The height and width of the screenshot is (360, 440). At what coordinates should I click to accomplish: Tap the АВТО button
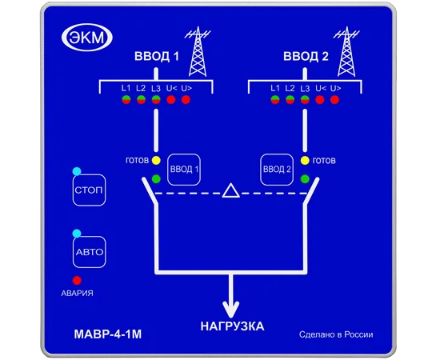(90, 252)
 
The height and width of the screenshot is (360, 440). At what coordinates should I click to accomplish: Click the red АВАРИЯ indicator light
(77, 280)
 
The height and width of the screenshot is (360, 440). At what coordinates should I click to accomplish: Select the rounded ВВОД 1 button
(184, 170)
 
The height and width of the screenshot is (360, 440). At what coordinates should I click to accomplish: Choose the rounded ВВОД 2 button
(277, 170)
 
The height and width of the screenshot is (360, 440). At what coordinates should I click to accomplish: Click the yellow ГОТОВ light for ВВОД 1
(156, 161)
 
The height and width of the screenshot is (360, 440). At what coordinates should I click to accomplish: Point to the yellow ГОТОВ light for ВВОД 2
(305, 161)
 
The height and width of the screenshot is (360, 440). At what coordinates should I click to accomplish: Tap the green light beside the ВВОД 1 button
(156, 178)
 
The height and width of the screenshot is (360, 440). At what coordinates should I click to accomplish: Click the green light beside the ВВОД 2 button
(305, 178)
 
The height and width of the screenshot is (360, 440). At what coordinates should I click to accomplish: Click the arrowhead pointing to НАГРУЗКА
(231, 309)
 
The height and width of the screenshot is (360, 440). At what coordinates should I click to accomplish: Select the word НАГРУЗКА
(232, 326)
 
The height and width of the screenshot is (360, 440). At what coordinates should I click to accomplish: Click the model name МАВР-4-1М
(108, 334)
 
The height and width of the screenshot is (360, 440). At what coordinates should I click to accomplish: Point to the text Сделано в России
(336, 334)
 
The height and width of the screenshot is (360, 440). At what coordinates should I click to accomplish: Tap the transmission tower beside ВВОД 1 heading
(198, 52)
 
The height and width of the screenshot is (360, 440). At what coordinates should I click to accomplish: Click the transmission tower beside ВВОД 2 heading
(346, 52)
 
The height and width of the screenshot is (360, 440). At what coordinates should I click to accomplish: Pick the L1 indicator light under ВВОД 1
(126, 100)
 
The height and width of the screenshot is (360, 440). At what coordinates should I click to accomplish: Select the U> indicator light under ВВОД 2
(334, 100)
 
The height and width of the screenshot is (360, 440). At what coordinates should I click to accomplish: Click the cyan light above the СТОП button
(77, 171)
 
